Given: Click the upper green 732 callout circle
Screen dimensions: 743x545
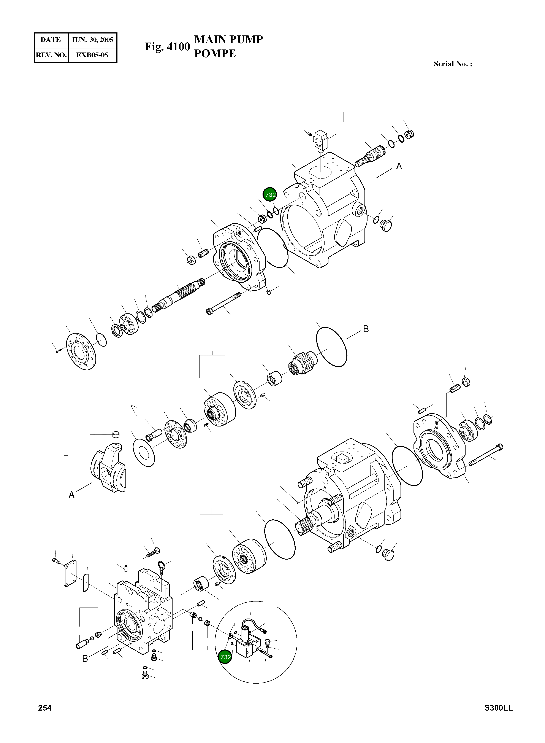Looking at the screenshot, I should tap(270, 195).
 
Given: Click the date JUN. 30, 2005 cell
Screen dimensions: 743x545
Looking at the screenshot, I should tap(92, 40).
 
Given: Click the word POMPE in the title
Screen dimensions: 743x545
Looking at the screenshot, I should tap(215, 53).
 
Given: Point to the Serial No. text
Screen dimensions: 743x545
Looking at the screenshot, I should tap(453, 64).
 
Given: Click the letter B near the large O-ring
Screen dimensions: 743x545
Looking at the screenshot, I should tap(366, 329).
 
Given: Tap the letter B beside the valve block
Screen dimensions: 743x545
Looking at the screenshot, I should tap(85, 659).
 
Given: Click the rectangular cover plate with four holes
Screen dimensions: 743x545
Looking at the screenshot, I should tap(70, 574).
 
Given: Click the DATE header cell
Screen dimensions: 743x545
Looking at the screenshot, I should tap(51, 40).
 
